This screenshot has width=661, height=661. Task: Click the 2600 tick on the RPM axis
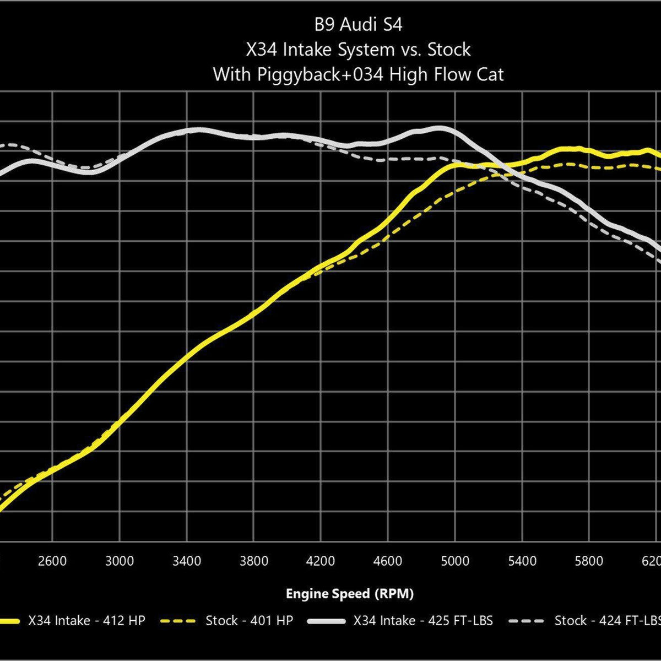(x=52, y=561)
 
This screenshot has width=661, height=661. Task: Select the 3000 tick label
(x=120, y=561)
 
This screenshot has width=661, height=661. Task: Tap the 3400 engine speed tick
(x=187, y=561)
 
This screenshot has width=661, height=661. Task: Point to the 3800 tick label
(x=254, y=561)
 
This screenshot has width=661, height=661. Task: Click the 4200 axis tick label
(x=321, y=561)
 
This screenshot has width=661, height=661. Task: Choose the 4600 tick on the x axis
(x=388, y=561)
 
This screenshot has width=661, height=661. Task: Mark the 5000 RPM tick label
(x=455, y=561)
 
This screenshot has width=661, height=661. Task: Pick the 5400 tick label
(x=522, y=561)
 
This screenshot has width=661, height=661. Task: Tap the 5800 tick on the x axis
(x=589, y=561)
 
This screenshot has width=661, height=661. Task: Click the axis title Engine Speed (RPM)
(x=349, y=594)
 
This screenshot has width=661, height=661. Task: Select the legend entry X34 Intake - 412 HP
(x=86, y=621)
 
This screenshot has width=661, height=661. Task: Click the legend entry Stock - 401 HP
(x=249, y=621)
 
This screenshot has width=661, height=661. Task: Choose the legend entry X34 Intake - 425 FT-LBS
(x=423, y=621)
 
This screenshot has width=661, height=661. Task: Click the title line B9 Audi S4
(x=358, y=25)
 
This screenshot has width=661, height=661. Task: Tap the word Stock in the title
(x=449, y=50)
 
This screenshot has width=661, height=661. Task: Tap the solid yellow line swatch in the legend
(x=11, y=621)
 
